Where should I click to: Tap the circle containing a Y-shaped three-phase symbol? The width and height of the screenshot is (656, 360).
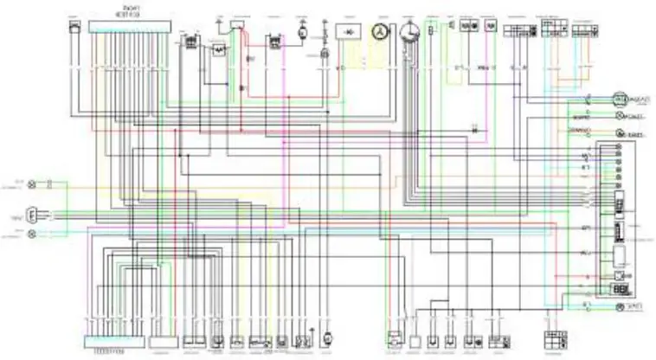(377, 31)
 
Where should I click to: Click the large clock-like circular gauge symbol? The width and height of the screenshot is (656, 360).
(409, 32)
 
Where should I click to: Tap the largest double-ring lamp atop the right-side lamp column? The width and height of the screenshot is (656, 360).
(619, 99)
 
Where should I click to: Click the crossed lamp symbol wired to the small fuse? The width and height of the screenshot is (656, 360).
(34, 184)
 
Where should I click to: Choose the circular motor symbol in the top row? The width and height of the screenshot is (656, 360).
(302, 32)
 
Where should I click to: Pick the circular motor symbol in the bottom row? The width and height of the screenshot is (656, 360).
(327, 337)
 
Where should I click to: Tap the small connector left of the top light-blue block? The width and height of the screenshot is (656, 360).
(74, 27)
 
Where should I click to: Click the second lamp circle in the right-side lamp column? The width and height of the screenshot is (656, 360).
(619, 115)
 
